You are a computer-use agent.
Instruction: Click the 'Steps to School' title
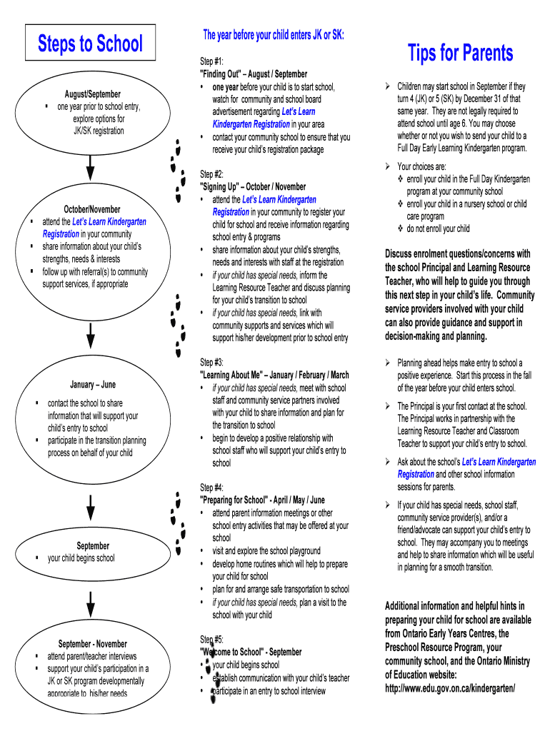tap(90, 44)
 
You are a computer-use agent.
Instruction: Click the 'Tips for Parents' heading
tap(460, 53)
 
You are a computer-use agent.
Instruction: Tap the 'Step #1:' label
tap(211, 61)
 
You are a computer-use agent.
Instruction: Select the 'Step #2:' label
tap(211, 174)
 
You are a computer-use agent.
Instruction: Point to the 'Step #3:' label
tap(211, 363)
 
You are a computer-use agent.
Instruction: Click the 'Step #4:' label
tap(211, 488)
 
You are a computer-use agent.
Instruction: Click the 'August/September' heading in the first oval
tap(93, 94)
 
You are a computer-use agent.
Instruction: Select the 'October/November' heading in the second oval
tap(92, 209)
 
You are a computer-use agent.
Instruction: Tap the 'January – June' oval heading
tap(93, 385)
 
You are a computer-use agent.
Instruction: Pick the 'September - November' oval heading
tap(92, 644)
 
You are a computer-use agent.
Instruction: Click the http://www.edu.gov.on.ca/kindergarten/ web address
tap(450, 688)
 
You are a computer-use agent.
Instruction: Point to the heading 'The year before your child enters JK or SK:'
tap(274, 34)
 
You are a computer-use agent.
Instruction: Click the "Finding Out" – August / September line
tap(254, 74)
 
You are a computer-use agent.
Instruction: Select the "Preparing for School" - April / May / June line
tap(262, 500)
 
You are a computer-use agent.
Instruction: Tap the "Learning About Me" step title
tap(274, 375)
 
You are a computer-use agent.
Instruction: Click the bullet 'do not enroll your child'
tap(438, 229)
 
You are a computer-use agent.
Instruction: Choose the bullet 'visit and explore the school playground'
tap(266, 551)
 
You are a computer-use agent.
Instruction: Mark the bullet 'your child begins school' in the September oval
tap(81, 558)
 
